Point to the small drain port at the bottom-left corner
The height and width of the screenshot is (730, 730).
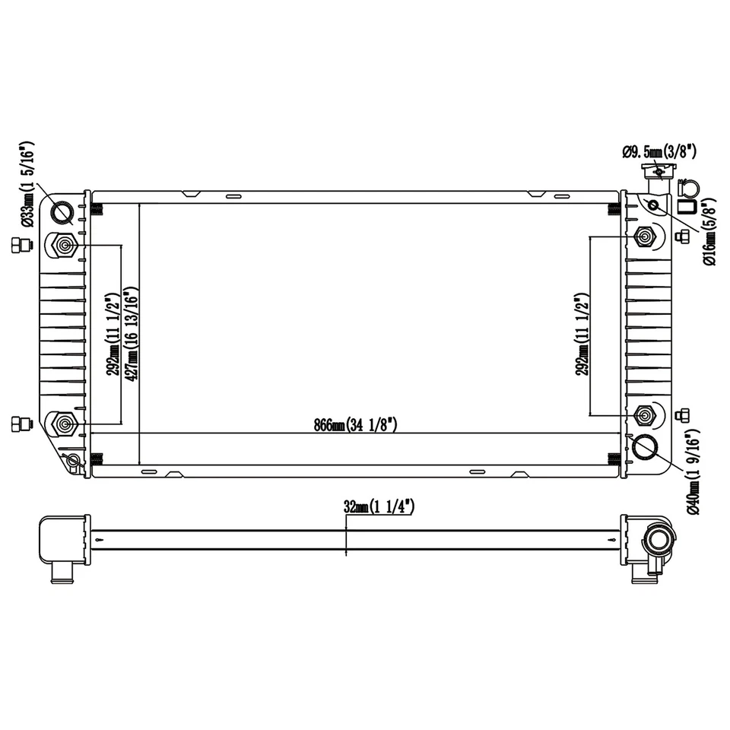click(x=73, y=460)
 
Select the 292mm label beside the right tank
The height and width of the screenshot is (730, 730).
click(x=582, y=335)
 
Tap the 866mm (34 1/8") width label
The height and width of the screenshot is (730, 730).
click(x=356, y=425)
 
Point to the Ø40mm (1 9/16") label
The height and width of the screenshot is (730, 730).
click(x=693, y=471)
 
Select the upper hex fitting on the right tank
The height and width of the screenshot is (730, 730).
click(x=645, y=236)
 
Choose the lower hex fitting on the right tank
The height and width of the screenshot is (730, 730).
click(x=645, y=415)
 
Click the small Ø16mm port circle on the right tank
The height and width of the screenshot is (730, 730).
click(x=652, y=204)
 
